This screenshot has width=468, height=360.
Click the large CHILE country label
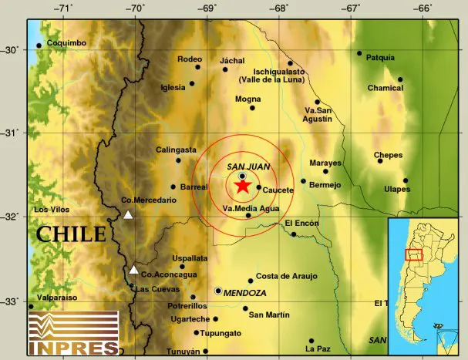[71, 234]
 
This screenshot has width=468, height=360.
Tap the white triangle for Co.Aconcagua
[134, 270]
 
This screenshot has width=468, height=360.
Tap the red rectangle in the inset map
[414, 255]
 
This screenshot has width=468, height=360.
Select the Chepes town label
[388, 156]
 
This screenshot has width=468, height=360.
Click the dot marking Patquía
[359, 53]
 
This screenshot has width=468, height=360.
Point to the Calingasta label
[176, 150]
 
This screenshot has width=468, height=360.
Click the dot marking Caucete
[258, 187]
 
